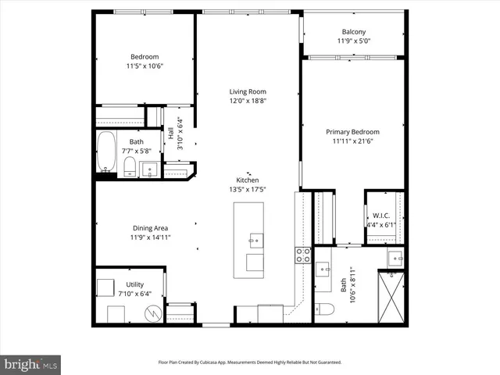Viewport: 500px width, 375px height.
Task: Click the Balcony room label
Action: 352,31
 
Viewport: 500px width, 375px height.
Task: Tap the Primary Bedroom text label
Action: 352,132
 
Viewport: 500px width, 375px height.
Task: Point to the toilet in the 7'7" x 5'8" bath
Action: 130,166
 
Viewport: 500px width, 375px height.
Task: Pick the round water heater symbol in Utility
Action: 153,312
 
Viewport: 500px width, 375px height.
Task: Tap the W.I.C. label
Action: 381,216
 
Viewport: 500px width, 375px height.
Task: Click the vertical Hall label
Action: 171,134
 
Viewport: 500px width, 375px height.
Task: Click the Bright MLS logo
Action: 31,363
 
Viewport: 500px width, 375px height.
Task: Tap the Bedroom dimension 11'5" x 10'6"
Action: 145,66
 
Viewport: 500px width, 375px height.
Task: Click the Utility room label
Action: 134,284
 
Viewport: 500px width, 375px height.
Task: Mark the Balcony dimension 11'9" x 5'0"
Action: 352,41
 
